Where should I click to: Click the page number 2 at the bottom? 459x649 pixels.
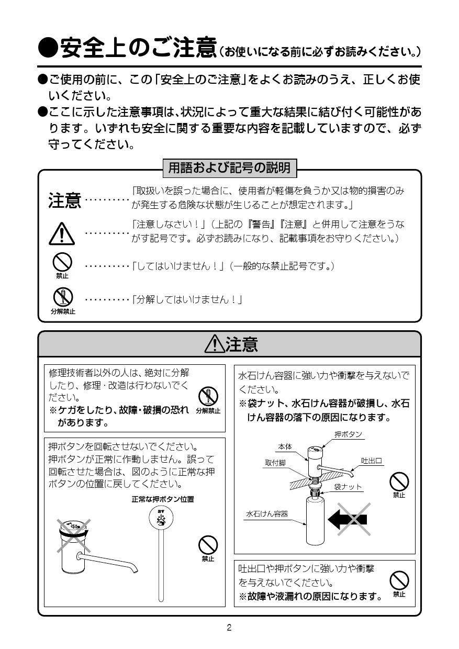[x=229, y=628]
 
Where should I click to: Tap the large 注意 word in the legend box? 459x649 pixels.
[x=65, y=201]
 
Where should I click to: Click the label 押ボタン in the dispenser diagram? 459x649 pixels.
[x=348, y=434]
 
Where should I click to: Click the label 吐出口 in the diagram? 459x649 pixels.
[x=372, y=461]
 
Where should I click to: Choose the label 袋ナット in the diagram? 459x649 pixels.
[x=348, y=487]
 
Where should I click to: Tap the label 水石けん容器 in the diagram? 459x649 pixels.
[x=267, y=514]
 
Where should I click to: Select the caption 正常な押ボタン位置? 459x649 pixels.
[x=163, y=499]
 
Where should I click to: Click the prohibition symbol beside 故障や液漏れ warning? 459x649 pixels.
[x=399, y=580]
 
